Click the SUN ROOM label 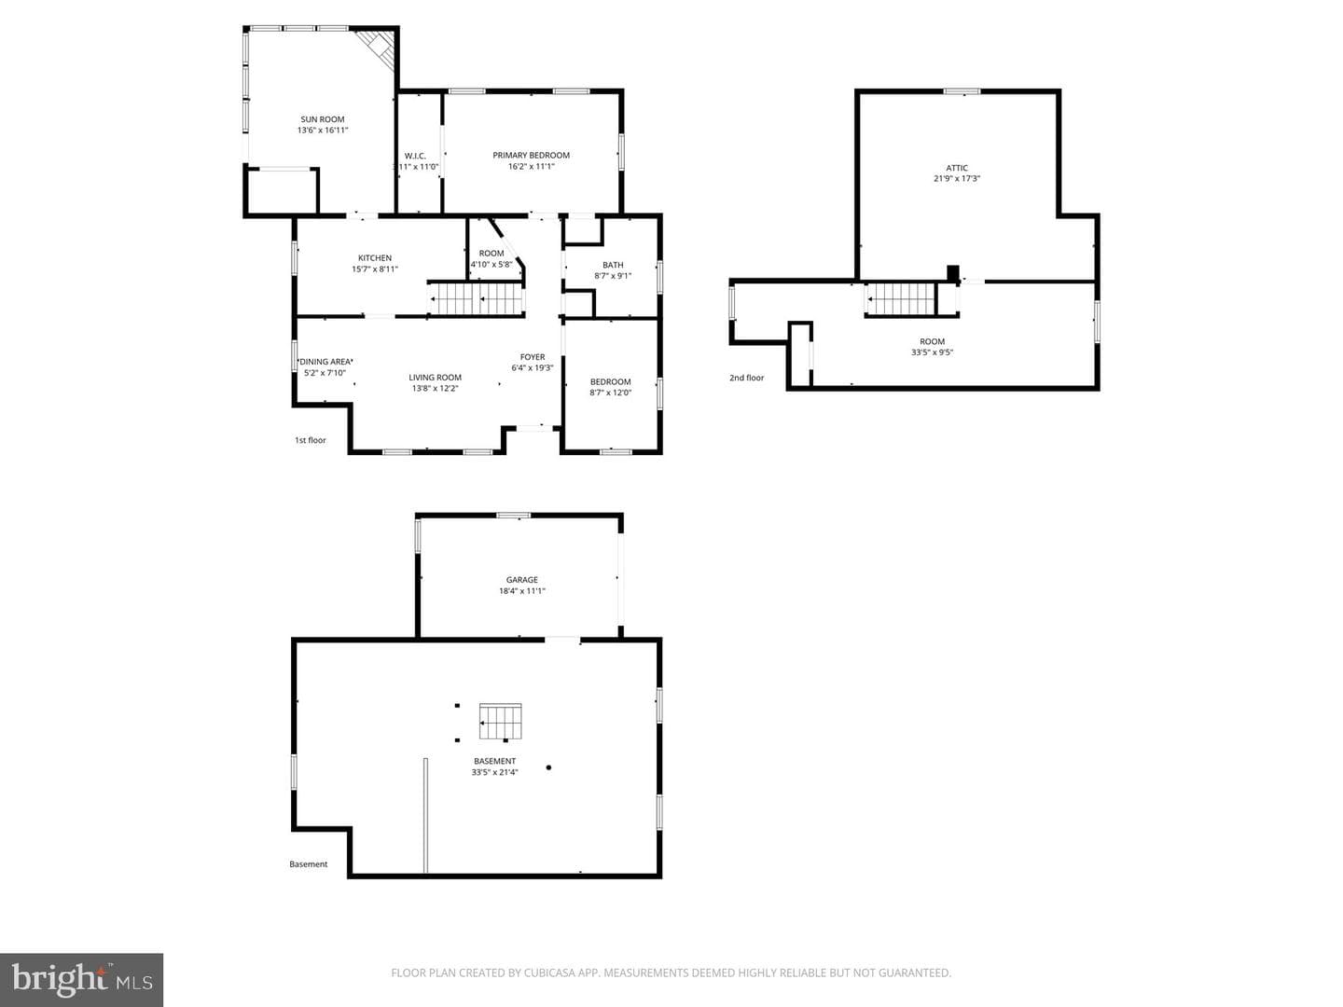pos(323,119)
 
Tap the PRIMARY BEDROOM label pos(531,156)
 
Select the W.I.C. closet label pos(415,156)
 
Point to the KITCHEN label pos(374,258)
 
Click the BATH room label pos(613,265)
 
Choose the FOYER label pos(533,357)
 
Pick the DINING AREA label pos(325,362)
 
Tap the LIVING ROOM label pos(435,378)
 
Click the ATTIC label pos(957,168)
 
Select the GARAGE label pos(522,580)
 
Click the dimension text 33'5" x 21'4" pos(494,772)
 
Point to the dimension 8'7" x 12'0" pos(610,393)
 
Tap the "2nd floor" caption pos(746,378)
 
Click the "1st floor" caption pos(311,440)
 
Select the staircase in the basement pos(501,722)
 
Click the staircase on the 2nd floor pos(901,299)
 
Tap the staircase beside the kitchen pos(476,299)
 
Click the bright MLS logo pos(81,979)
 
